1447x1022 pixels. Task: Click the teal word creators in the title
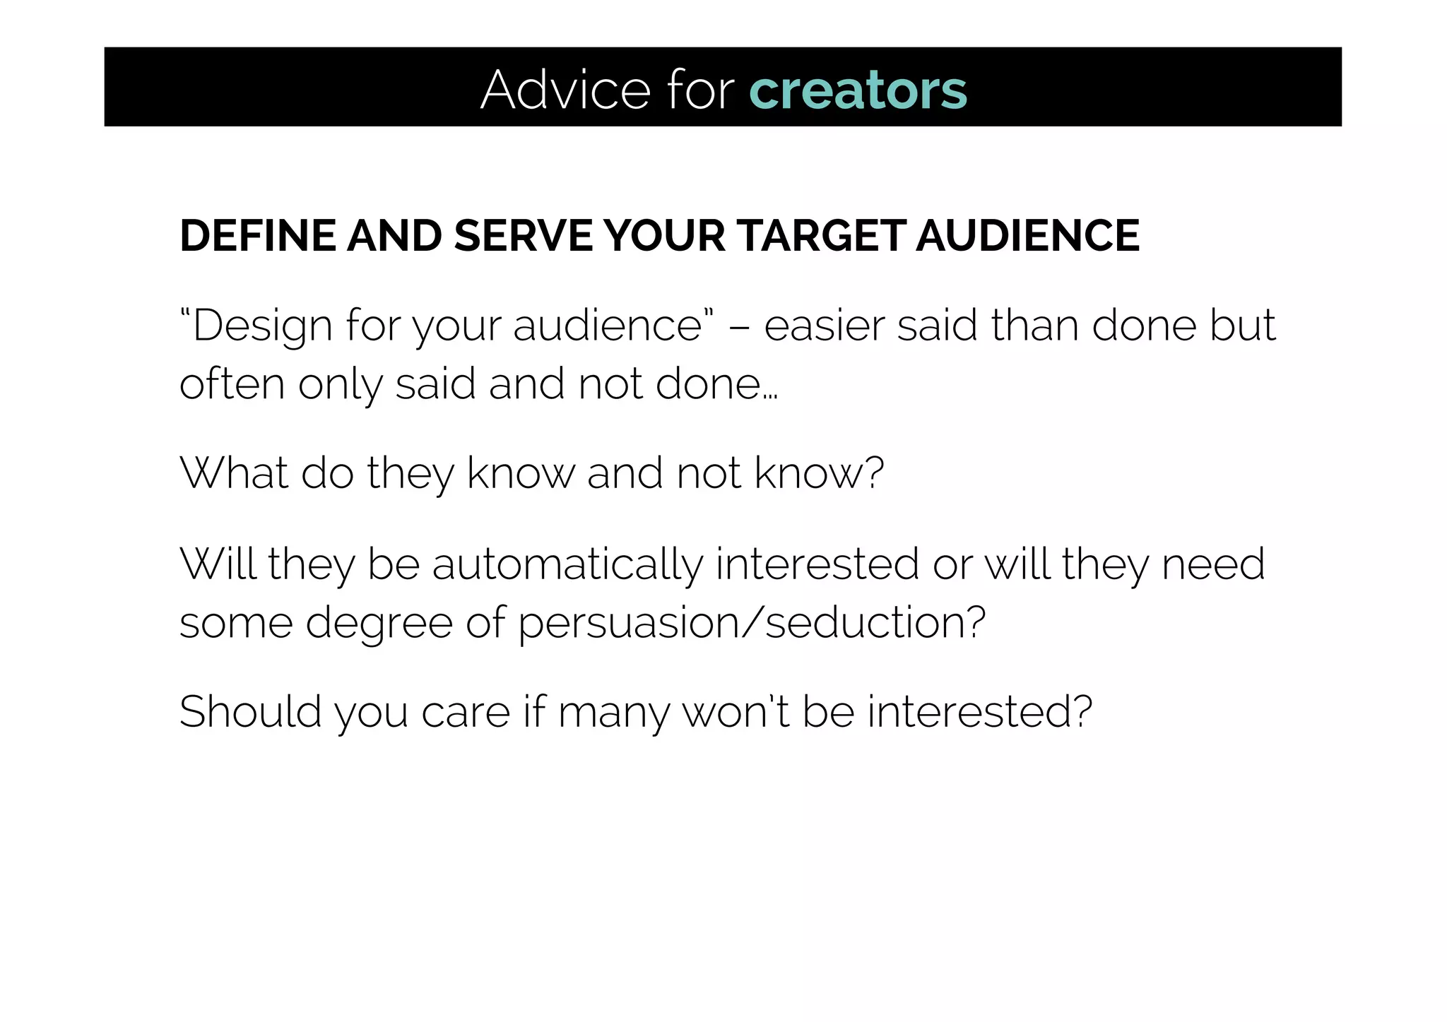(x=858, y=90)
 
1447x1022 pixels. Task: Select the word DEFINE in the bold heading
(x=257, y=235)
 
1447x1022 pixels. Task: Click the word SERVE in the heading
(x=523, y=235)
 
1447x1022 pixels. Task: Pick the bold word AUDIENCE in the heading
(x=1028, y=235)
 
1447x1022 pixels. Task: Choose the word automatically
(x=567, y=565)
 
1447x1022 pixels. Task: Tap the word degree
(x=379, y=624)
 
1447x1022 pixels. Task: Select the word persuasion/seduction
(x=752, y=624)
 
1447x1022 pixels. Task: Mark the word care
(x=466, y=712)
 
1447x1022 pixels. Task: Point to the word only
(x=340, y=385)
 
